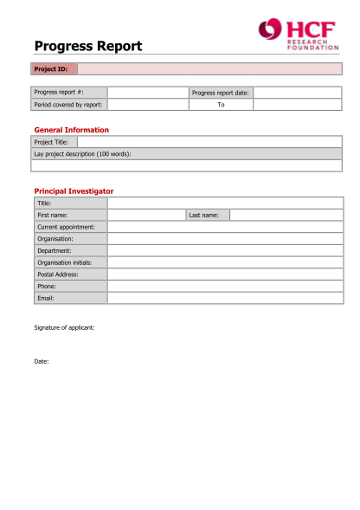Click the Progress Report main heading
88,47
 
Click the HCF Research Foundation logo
298,34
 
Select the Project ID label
50,69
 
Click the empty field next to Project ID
209,69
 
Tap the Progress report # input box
146,92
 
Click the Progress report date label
220,92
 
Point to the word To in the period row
221,105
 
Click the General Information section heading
71,130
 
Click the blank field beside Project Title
209,142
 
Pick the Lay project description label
82,153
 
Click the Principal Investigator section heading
74,190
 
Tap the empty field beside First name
146,215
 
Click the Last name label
204,215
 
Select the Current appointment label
66,227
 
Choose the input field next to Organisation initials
225,262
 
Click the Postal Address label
57,274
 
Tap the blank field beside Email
225,298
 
